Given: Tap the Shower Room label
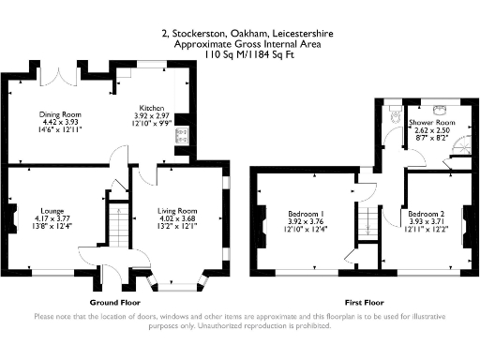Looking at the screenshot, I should point(432,123).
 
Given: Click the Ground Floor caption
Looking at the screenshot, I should point(116,303).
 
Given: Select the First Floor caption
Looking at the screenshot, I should point(365,303).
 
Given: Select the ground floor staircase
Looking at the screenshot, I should point(117,225).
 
